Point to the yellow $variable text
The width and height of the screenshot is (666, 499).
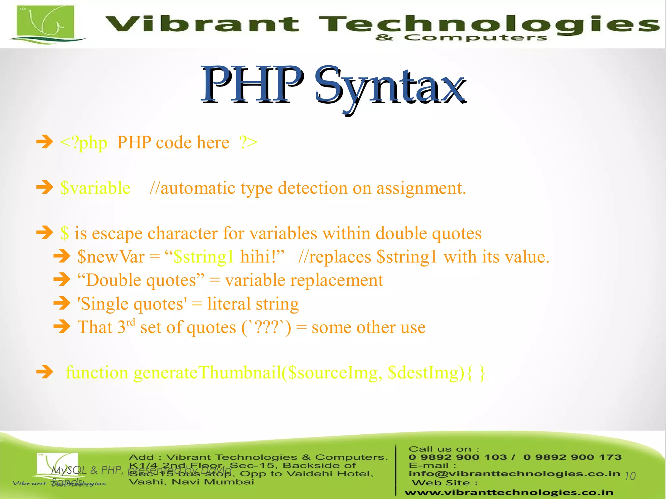coord(96,188)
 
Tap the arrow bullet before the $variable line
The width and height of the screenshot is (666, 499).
coord(45,187)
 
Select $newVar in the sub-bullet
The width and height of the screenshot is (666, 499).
coord(111,257)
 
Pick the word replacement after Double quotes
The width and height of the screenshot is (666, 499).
coord(337,281)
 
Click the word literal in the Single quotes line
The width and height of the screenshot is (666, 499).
coord(229,304)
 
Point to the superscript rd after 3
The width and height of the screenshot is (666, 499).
coord(130,322)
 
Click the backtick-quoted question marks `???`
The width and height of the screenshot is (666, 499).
coord(266,328)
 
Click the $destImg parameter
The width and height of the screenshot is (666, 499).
coord(426,373)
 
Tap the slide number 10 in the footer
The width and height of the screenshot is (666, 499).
coord(630,476)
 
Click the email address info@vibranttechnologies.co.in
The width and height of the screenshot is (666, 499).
coord(514,474)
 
